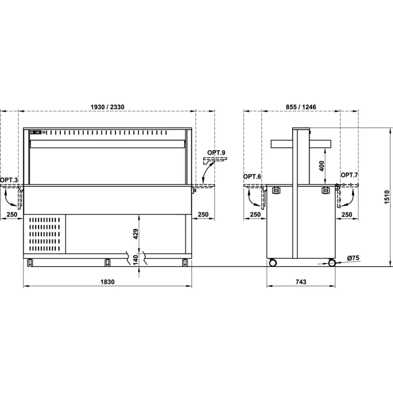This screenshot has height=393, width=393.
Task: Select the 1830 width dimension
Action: [108, 282]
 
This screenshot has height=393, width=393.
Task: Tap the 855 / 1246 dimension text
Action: [301, 107]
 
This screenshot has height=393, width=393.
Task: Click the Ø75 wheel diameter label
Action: [353, 258]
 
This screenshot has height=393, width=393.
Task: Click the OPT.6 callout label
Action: [252, 176]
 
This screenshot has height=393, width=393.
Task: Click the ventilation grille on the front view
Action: [44, 234]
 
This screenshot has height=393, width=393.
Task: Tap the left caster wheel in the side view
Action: [272, 263]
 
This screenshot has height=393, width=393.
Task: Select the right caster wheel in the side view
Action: [332, 263]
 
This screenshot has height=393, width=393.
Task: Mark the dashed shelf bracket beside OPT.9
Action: [215, 160]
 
